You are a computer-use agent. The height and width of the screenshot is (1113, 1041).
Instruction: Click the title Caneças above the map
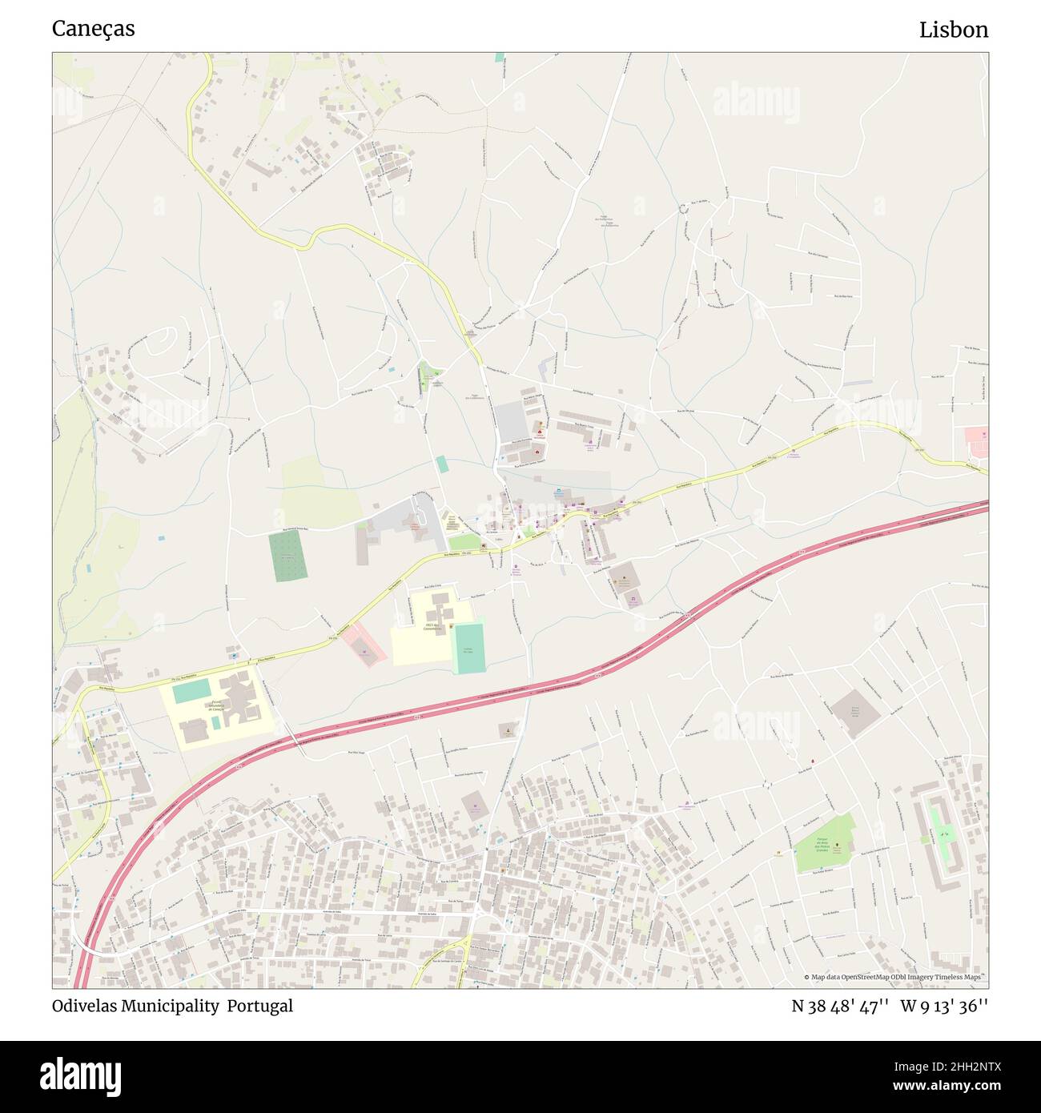point(93,29)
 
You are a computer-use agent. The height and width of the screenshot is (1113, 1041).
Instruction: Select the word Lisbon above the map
point(953,30)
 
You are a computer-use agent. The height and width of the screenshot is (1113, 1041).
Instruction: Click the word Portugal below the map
point(259,1006)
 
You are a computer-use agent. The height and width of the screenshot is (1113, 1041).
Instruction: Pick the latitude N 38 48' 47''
point(840,1006)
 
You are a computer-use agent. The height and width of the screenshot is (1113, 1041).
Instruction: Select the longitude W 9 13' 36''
point(944,1006)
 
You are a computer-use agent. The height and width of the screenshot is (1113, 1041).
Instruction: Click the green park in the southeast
point(823,845)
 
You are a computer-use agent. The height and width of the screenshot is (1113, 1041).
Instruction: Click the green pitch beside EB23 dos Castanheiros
point(468,647)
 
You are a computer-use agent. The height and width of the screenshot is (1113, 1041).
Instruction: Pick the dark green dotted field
point(287,556)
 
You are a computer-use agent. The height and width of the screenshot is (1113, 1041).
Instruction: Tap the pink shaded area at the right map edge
point(976,440)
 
